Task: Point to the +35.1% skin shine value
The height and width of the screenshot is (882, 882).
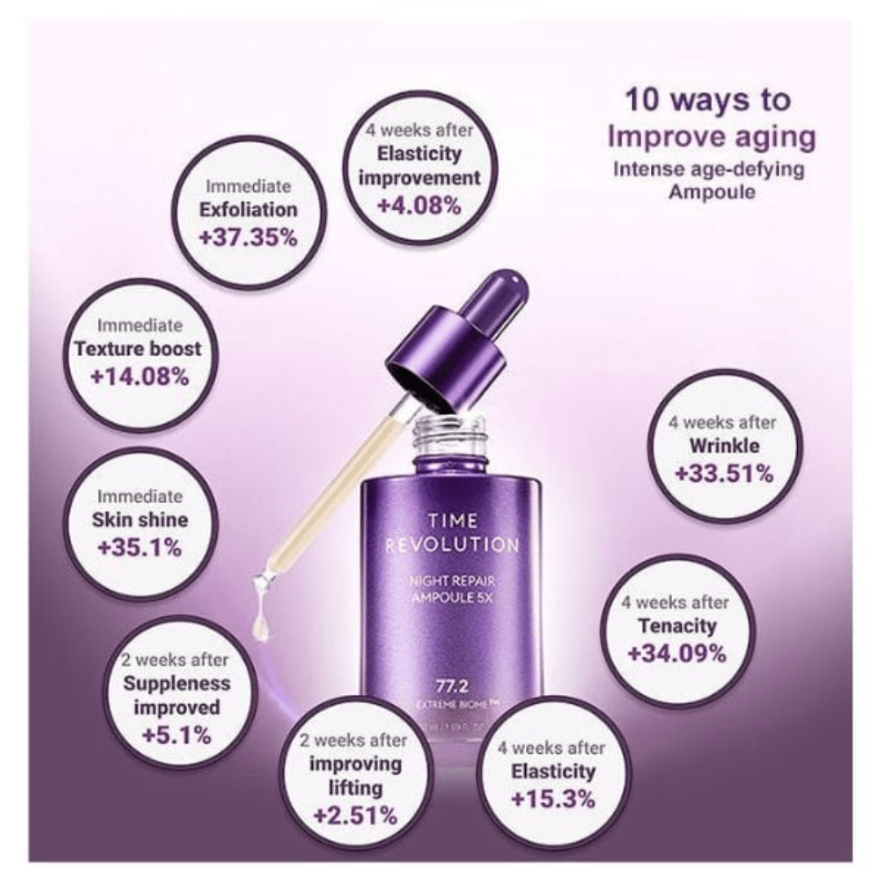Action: coord(140,547)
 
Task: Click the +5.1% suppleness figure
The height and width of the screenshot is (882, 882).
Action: coord(176,735)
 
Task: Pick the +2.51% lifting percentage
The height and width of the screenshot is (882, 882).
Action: coord(354,815)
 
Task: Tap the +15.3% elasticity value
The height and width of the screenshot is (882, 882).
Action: coord(553,799)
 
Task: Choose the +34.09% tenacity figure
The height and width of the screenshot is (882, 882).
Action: coord(677,653)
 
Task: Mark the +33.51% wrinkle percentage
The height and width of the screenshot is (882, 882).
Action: coord(724,474)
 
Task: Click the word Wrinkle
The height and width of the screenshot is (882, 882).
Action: coord(724,446)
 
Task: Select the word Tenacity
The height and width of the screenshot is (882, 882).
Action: coord(677,626)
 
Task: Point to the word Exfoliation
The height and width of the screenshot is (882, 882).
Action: coord(248,210)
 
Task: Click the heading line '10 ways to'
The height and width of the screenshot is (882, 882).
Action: coord(707,100)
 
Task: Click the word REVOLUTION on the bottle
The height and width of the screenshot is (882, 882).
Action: coord(452,545)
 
